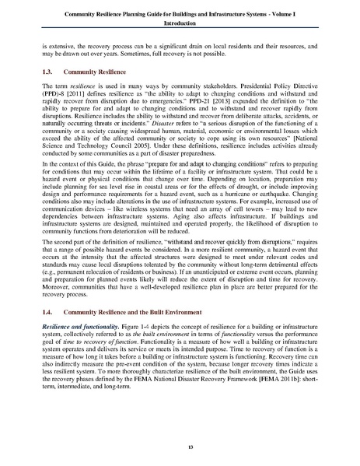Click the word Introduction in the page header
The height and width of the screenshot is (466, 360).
(179, 24)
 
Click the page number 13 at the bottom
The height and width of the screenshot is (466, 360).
(180, 447)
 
